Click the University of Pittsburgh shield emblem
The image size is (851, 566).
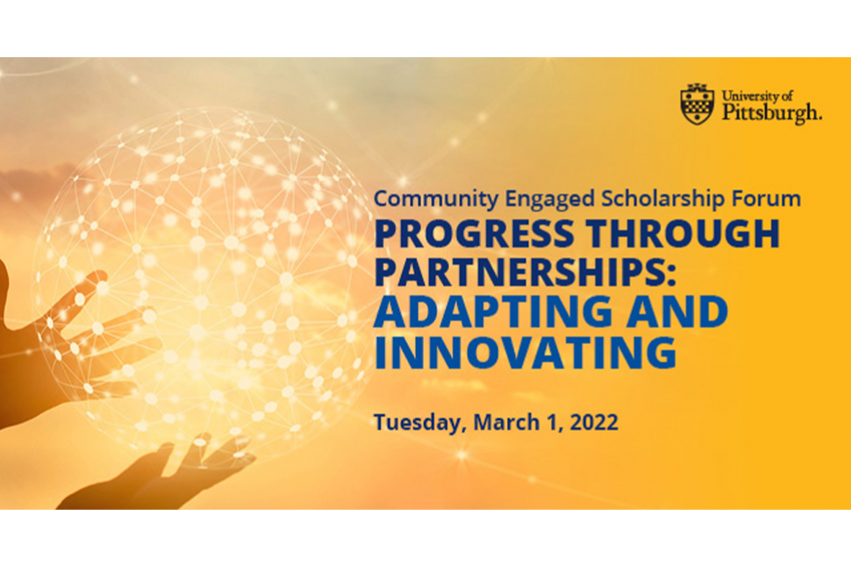(697, 104)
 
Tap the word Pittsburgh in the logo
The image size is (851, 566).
(771, 113)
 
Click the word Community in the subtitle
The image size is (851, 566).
(436, 199)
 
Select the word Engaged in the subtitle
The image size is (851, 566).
(549, 200)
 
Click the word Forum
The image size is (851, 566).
(766, 198)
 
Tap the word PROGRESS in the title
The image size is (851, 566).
(474, 233)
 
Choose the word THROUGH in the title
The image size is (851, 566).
(683, 233)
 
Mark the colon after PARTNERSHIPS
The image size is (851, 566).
(670, 276)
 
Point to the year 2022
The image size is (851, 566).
(594, 422)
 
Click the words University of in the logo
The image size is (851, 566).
(757, 96)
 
